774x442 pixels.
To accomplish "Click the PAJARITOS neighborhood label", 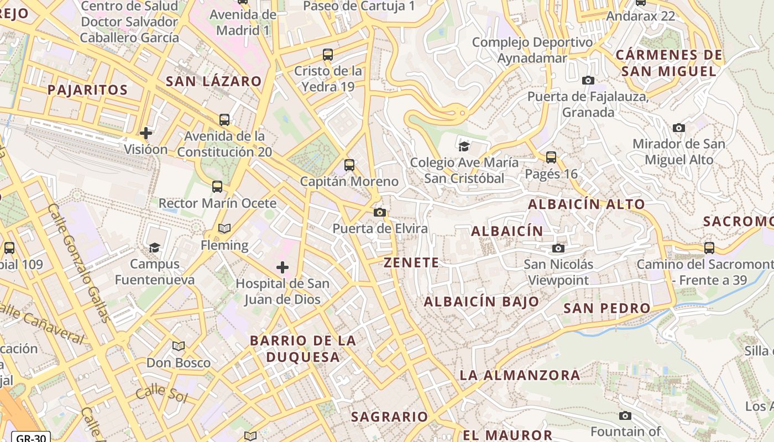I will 87,90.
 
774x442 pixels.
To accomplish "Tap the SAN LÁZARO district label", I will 213,81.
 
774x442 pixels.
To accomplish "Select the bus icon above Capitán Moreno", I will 349,165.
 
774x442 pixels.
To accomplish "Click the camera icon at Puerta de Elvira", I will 379,213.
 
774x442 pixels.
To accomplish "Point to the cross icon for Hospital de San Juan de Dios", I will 283,268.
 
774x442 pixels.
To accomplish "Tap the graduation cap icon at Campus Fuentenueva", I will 154,248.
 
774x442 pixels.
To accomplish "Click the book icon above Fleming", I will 224,229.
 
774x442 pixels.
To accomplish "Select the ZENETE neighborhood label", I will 411,262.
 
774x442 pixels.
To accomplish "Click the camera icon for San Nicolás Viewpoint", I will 558,249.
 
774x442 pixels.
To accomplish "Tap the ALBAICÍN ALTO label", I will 586,204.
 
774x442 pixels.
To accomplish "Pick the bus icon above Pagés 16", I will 551,157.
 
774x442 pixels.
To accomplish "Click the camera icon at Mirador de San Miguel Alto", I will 679,128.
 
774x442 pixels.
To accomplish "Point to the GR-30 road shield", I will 31,438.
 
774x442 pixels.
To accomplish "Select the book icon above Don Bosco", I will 178,346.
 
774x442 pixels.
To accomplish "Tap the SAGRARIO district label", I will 389,417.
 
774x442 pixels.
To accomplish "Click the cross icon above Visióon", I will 146,133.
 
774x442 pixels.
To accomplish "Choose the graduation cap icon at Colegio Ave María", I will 464,146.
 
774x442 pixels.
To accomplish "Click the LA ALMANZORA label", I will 520,376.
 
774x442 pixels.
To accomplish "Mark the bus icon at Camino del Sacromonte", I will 709,248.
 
